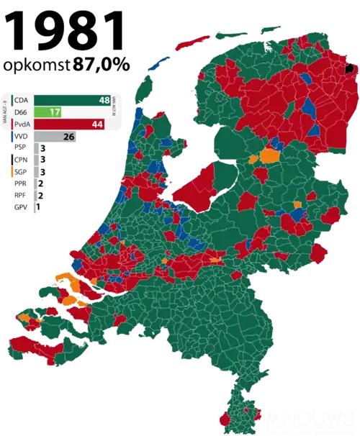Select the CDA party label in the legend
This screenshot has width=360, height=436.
tap(24, 100)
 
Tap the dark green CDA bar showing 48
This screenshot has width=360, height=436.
tap(72, 100)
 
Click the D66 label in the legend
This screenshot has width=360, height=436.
tap(24, 112)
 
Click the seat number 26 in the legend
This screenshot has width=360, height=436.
tap(69, 136)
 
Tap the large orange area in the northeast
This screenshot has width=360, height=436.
tap(270, 155)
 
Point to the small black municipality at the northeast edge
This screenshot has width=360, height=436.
tap(351, 70)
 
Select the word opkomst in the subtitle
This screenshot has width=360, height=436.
tap(32, 64)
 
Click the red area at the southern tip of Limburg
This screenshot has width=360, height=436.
tap(229, 418)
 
